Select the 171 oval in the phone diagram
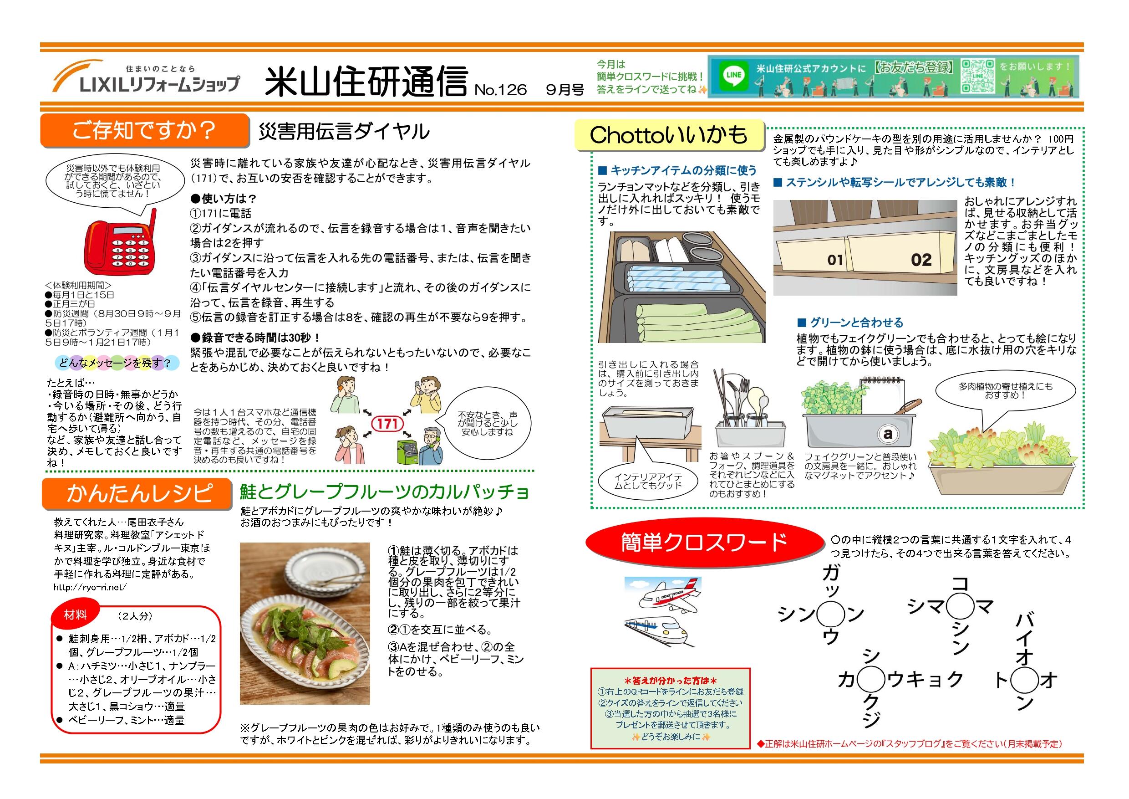point(387,424)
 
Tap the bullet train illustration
point(656,632)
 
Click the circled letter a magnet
point(888,434)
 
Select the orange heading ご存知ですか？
point(144,130)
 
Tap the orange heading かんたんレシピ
point(136,493)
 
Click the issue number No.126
point(500,90)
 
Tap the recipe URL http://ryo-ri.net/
point(90,586)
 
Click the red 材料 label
point(75,615)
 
